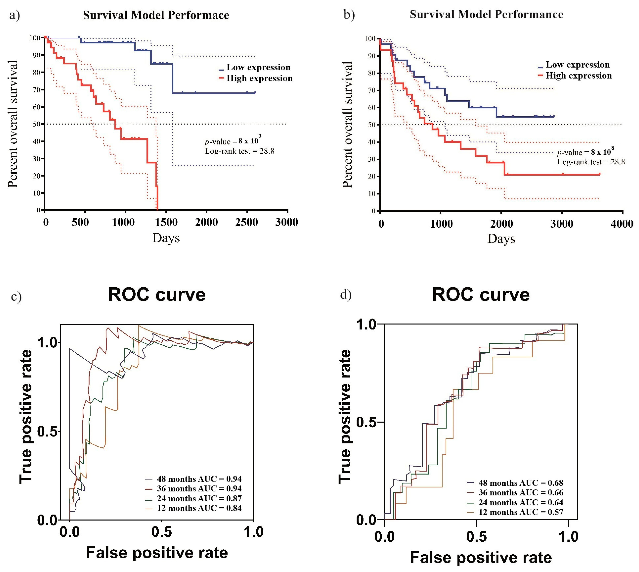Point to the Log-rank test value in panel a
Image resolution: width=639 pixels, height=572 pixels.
click(x=239, y=151)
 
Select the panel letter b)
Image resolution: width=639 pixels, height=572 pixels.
click(x=349, y=14)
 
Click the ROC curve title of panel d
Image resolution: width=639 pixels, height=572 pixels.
click(x=480, y=295)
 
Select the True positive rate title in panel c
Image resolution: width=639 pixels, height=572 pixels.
click(x=26, y=416)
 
